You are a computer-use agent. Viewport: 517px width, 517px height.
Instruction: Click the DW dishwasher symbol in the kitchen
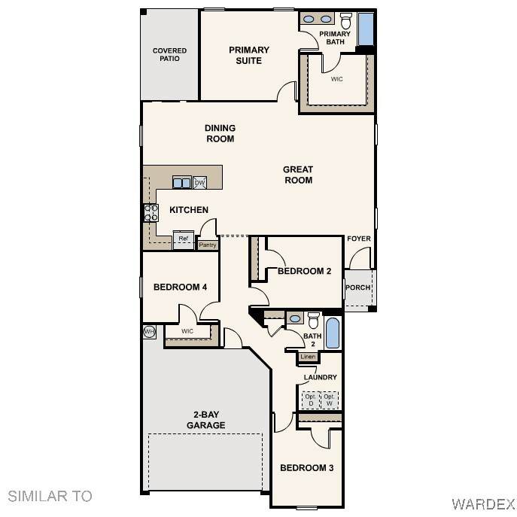coord(200,182)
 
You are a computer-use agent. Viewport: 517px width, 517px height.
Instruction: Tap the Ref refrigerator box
coord(184,240)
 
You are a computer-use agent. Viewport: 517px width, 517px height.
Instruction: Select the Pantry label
coord(208,245)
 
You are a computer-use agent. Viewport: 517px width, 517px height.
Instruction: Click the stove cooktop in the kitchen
coord(151,213)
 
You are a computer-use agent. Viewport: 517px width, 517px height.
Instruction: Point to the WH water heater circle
coord(149,332)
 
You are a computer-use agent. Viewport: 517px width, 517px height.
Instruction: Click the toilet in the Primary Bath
coord(346,21)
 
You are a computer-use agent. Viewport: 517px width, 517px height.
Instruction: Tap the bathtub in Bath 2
coord(332,333)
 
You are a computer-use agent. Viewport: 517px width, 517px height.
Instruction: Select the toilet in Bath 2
coord(314,320)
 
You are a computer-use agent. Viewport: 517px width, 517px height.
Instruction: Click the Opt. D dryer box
coord(311,400)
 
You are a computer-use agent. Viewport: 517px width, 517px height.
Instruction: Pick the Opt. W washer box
coord(330,400)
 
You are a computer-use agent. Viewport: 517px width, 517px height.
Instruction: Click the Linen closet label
coord(308,357)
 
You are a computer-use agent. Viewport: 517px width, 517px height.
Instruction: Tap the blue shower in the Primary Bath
coord(366,29)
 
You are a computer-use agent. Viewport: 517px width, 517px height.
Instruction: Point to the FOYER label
coord(359,239)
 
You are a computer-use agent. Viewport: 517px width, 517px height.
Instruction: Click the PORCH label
coord(357,287)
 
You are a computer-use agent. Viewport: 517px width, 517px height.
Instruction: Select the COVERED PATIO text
coord(170,55)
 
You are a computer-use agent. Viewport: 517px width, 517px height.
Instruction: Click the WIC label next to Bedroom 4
coord(187,331)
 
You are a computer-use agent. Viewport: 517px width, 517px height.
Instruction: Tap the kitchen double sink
coord(182,182)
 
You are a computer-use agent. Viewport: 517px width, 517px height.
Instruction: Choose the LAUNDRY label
coord(320,377)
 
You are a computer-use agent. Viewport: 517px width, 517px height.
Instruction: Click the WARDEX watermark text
coord(483,504)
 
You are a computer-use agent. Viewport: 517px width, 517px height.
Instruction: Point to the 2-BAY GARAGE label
coord(206,420)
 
